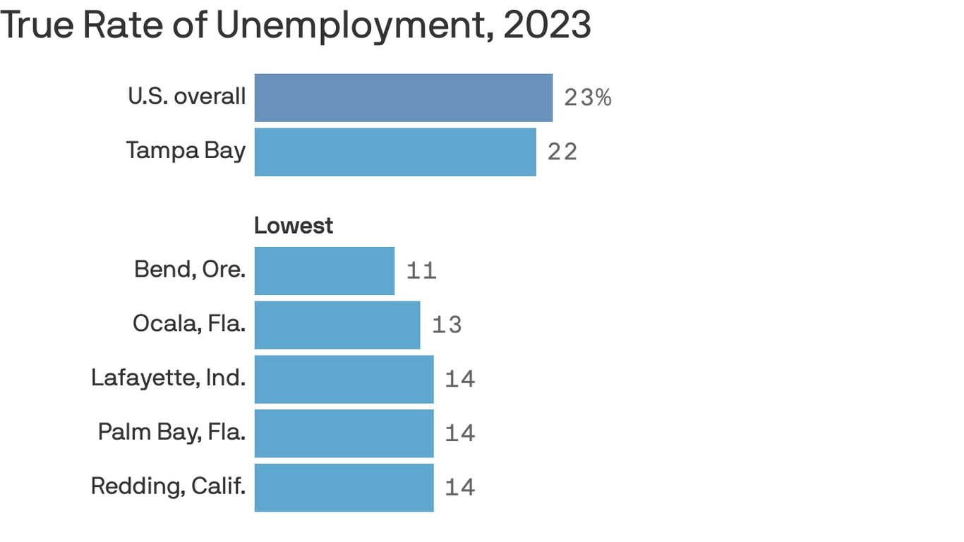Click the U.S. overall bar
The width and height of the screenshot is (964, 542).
pos(403,97)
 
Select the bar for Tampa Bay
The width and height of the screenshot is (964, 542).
pos(395,152)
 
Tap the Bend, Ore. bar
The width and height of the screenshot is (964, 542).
pos(324,271)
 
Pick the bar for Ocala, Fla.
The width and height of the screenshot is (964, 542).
pos(337,325)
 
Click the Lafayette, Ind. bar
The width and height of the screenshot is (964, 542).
pos(344,379)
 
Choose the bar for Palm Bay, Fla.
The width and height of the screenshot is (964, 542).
pos(344,433)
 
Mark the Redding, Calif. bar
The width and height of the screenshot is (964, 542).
pos(344,488)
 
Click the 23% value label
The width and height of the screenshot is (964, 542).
pos(587,97)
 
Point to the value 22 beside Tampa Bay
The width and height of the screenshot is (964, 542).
pos(562,152)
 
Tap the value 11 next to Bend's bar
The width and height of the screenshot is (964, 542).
pos(421,271)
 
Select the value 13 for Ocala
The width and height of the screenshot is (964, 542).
pos(447,325)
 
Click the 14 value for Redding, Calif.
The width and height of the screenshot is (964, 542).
pos(460,488)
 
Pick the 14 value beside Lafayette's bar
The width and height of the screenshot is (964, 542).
pos(460,379)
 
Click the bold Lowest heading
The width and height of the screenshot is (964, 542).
pos(294,226)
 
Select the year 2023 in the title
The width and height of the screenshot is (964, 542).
pos(547,25)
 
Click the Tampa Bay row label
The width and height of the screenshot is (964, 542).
pos(186,150)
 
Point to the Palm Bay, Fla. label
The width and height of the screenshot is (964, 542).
pos(171,432)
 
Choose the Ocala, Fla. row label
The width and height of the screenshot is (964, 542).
pos(189,324)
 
